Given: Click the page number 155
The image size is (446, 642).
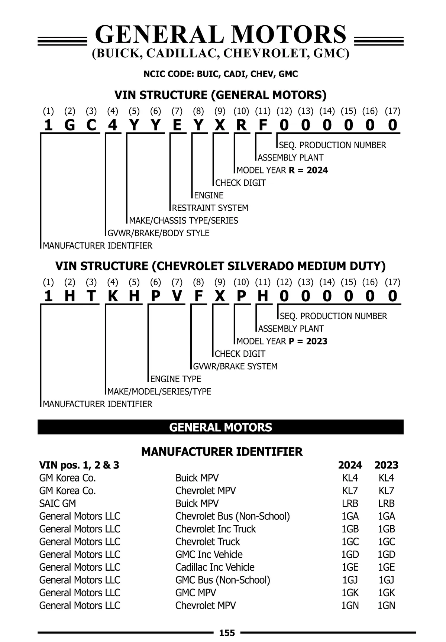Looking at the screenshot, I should coord(227,633).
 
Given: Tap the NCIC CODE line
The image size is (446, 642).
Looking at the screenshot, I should coord(220,74).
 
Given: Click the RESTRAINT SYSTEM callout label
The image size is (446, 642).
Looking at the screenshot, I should coord(210,208).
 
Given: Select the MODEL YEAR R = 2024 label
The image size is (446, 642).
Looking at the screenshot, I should coord(282,170).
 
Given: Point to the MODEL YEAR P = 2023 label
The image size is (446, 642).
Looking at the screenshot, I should coord(282,341).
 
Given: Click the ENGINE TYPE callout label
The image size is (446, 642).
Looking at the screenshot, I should coord(175,379).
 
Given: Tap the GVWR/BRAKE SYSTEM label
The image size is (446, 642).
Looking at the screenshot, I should coord(235,366).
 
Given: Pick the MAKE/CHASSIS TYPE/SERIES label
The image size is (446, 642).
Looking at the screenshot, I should coord(184,220).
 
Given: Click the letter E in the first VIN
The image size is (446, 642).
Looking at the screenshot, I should coord(177,125).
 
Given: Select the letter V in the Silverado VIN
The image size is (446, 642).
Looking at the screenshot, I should coord(177,296).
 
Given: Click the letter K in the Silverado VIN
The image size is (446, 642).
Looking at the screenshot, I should coord(113,296).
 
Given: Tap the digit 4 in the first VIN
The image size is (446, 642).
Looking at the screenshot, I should coord(113,125).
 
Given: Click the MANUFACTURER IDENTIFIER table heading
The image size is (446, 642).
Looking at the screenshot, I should coord(222,452).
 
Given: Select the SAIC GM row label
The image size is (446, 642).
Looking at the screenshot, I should coord(58,503).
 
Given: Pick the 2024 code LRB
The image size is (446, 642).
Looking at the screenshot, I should coord(350,503).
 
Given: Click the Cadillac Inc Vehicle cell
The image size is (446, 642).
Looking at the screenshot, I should coord(215,567).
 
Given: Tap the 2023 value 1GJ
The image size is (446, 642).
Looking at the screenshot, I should coord(386,580).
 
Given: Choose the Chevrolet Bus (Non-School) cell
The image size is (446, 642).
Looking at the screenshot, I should coord(232,516).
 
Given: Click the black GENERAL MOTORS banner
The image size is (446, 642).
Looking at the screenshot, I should coord(220,427).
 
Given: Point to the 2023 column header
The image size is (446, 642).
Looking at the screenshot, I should coord(386,465).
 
